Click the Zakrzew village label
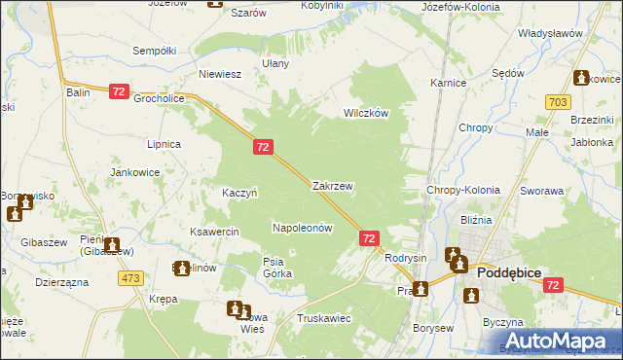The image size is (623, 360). (x=332, y=185)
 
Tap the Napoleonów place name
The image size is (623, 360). (x=302, y=228)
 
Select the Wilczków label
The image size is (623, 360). (x=366, y=113)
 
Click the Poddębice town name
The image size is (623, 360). (x=515, y=274)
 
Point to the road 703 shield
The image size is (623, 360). (x=558, y=101)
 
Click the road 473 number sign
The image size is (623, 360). (x=131, y=277)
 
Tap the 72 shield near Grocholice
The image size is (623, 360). (x=119, y=91)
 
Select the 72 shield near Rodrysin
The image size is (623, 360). (x=369, y=237)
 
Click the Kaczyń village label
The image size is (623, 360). (x=239, y=193)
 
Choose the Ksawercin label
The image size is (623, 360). (x=215, y=233)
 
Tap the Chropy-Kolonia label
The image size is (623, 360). (x=463, y=191)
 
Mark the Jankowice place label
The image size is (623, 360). (x=134, y=172)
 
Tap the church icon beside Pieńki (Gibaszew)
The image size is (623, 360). (x=112, y=246)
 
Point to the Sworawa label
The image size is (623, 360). (x=542, y=192)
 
